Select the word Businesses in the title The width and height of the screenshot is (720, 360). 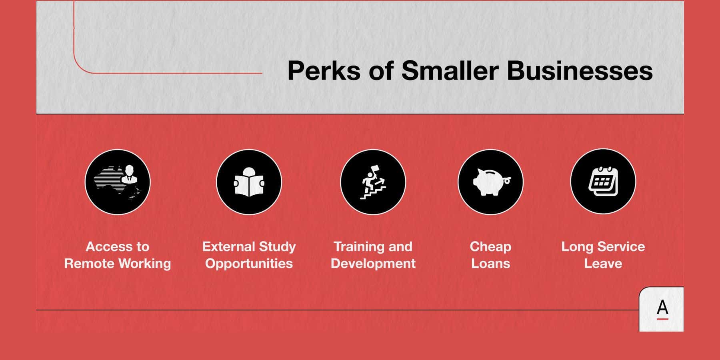click(580, 71)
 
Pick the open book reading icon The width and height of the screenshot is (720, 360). click(249, 182)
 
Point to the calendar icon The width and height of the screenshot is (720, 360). click(603, 182)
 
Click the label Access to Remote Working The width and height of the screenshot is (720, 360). click(118, 255)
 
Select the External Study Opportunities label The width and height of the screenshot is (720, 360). click(249, 255)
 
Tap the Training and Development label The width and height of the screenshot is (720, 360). click(373, 255)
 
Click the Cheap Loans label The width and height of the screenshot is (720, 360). click(490, 255)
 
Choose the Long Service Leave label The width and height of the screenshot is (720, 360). click(603, 255)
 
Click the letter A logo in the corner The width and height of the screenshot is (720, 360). click(662, 309)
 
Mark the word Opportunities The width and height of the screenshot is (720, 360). click(249, 264)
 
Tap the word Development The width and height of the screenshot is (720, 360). click(373, 264)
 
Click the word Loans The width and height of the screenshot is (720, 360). click(490, 264)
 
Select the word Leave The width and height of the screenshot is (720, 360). click(603, 264)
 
